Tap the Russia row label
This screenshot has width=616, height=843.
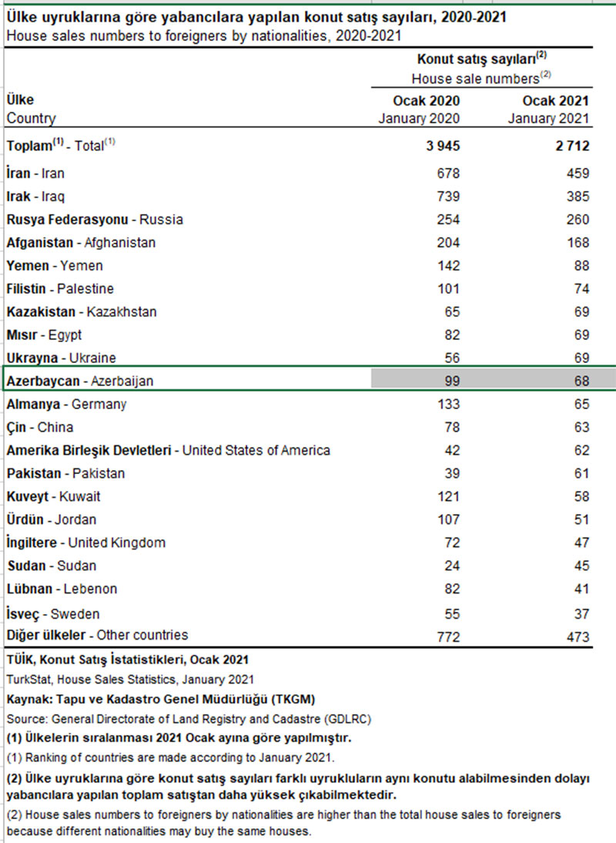click(x=95, y=220)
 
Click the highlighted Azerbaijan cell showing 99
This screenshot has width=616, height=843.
click(x=450, y=381)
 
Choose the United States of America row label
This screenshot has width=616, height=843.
click(x=168, y=450)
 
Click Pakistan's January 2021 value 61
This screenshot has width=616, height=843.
click(x=580, y=473)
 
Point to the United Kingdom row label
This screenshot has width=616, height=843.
click(x=85, y=542)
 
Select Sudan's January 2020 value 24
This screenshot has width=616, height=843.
click(x=450, y=566)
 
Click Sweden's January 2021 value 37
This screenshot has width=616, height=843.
click(x=580, y=614)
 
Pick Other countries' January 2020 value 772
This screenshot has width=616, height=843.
click(x=447, y=636)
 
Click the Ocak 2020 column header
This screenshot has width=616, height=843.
click(x=426, y=101)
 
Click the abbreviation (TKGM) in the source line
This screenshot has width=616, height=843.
click(x=285, y=699)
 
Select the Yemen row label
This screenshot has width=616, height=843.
click(x=55, y=266)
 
